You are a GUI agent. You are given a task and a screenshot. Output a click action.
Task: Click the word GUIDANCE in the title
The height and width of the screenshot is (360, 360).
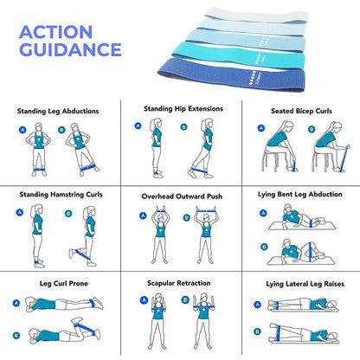tap(70, 49)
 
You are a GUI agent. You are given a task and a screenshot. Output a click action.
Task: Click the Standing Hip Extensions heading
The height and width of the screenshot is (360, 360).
tap(183, 109)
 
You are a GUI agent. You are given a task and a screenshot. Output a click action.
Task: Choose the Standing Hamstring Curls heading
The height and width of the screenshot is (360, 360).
tap(59, 195)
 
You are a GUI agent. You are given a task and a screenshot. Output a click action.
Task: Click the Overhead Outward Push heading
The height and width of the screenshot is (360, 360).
tap(183, 196)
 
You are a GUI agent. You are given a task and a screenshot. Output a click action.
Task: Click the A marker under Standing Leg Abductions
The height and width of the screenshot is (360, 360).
tap(20, 130)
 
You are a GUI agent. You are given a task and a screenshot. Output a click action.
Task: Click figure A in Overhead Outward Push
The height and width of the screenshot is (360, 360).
tap(161, 235)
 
